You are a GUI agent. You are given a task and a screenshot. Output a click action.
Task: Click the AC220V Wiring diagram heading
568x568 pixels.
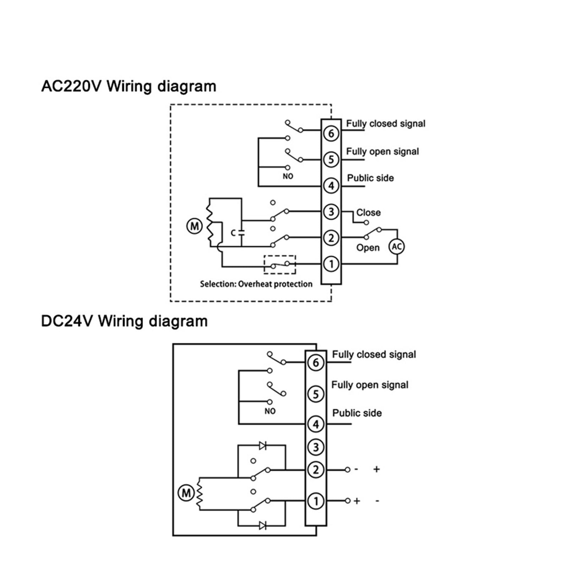coord(129,87)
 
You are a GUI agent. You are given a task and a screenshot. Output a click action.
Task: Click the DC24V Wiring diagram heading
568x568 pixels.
coord(124,321)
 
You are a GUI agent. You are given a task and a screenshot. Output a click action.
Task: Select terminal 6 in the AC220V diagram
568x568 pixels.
coord(331,133)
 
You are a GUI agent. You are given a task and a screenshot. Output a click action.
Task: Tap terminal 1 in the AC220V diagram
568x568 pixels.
coord(331,264)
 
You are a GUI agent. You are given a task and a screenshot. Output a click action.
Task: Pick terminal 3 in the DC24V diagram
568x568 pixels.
coord(316,447)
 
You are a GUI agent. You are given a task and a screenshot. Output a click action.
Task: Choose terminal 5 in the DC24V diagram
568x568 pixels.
coord(316,394)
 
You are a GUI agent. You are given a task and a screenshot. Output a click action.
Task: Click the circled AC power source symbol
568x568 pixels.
coord(397,246)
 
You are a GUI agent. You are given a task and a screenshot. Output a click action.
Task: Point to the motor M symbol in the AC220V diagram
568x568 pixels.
coord(195,226)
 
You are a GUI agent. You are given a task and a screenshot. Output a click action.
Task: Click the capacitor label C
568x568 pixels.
coord(233,233)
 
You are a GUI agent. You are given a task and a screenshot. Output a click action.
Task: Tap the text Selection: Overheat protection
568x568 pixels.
coord(256,284)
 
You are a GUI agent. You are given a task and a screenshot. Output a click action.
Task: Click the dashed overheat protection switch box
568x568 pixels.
coord(280,264)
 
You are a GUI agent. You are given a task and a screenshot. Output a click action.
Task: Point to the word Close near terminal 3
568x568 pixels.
coord(368,213)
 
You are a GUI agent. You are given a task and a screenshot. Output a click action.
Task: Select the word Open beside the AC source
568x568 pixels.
coord(368,248)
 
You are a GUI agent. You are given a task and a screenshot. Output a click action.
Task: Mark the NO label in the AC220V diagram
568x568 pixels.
coord(288,176)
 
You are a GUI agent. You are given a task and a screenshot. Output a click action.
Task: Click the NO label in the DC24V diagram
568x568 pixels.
coord(270,411)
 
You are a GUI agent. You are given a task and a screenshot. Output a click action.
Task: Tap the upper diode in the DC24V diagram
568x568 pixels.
coord(263,446)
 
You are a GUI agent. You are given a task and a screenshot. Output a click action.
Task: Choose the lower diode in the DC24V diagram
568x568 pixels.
coord(263,525)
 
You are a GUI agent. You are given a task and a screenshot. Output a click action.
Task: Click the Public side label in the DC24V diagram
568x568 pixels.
coord(357,413)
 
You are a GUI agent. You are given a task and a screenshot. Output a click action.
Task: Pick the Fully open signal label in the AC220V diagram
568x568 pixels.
coord(382,152)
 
